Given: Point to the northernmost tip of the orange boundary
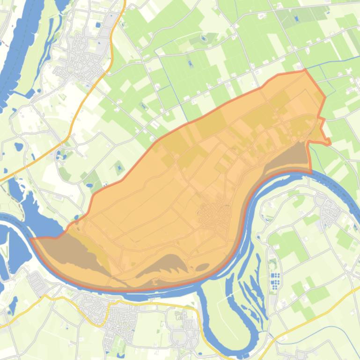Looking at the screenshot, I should (305, 70).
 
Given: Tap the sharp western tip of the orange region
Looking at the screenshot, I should (31, 239).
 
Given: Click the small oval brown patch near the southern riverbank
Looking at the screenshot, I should (202, 267).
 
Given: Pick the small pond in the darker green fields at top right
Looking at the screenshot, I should (297, 19).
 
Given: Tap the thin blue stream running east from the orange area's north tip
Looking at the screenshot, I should (328, 65).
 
